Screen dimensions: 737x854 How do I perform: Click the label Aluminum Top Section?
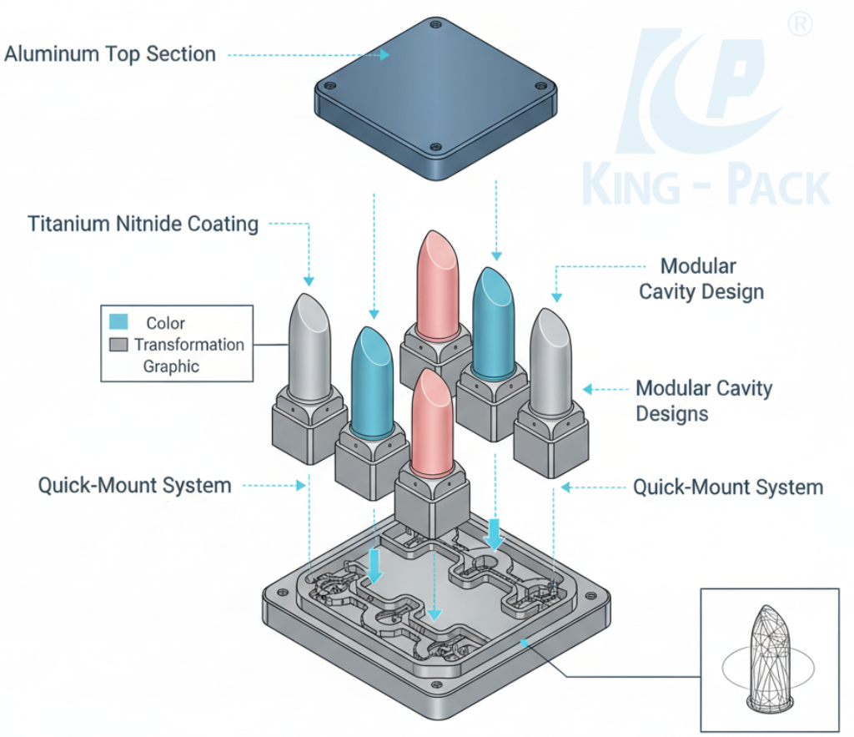pyautogui.click(x=110, y=54)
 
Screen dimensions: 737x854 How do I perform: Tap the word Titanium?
pyautogui.click(x=68, y=225)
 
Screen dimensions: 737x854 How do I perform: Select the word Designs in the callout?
pyautogui.click(x=672, y=413)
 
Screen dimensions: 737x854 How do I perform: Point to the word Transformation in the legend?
pyautogui.click(x=189, y=345)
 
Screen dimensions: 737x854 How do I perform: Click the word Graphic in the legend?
pyautogui.click(x=171, y=366)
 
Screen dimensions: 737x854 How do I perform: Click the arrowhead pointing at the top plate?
pyautogui.click(x=385, y=54)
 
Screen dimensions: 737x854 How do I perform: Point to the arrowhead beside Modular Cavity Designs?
pyautogui.click(x=587, y=389)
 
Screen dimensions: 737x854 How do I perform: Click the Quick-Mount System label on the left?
pyautogui.click(x=134, y=485)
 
